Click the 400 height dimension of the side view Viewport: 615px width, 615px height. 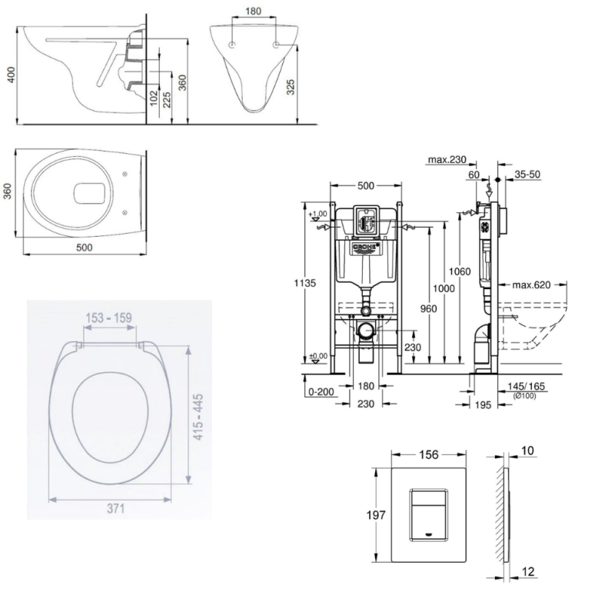coord(10,74)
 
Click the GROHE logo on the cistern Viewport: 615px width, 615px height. coord(366,248)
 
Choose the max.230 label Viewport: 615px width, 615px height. coord(448,160)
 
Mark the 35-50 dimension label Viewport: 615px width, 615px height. coord(527,175)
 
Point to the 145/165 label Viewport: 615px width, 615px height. coord(527,387)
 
